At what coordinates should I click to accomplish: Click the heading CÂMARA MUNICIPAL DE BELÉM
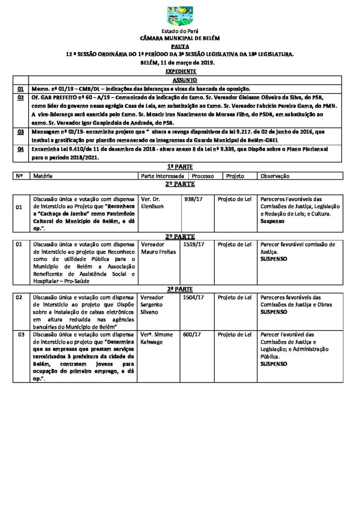[x=180, y=38]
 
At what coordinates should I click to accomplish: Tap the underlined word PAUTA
[x=180, y=45]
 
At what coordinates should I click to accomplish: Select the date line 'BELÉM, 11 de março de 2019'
[x=180, y=63]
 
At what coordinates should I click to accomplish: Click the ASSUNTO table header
[x=184, y=80]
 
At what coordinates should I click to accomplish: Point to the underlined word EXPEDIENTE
[x=180, y=72]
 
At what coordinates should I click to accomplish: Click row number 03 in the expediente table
[x=21, y=132]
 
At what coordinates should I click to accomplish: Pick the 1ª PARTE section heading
[x=180, y=167]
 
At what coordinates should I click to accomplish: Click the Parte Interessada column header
[x=164, y=176]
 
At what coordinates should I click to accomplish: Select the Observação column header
[x=274, y=176]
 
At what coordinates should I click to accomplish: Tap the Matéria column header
[x=43, y=176]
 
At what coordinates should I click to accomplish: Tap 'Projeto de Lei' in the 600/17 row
[x=235, y=335]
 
